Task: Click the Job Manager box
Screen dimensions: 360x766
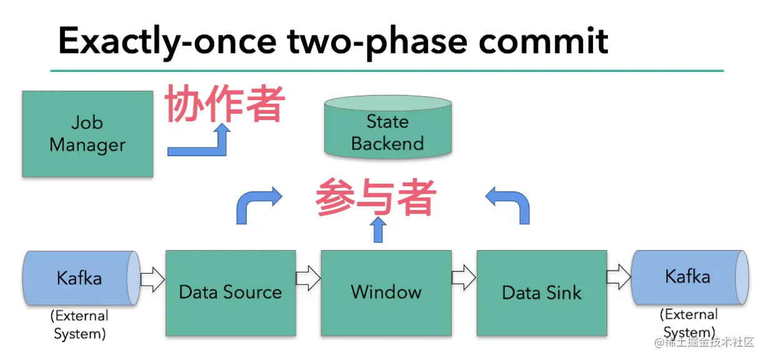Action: click(x=87, y=134)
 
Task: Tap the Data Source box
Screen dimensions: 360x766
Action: click(x=230, y=292)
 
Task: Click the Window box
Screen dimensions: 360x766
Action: click(x=385, y=292)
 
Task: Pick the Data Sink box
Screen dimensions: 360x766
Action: click(x=541, y=292)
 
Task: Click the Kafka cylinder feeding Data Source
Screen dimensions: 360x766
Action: click(x=81, y=278)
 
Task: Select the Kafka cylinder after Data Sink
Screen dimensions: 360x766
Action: click(x=689, y=277)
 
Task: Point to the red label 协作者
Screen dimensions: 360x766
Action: click(x=224, y=104)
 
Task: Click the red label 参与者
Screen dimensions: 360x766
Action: click(x=375, y=197)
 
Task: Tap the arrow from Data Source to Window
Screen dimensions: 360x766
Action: click(x=308, y=278)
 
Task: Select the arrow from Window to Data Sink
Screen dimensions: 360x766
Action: click(x=464, y=278)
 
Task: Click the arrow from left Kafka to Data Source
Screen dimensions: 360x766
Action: click(x=152, y=279)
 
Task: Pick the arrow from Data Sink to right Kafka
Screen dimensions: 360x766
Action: click(x=619, y=277)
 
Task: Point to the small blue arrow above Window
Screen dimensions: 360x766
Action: click(x=377, y=229)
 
